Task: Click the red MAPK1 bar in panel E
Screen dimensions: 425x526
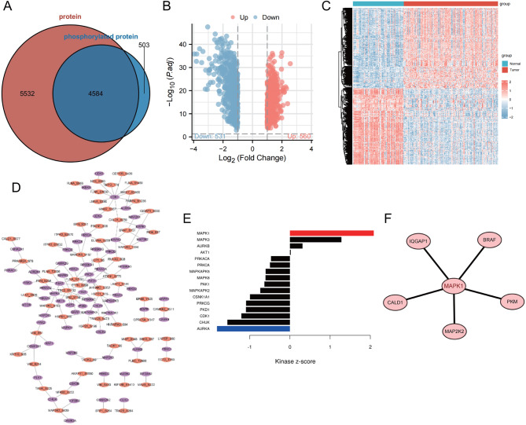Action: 331,233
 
